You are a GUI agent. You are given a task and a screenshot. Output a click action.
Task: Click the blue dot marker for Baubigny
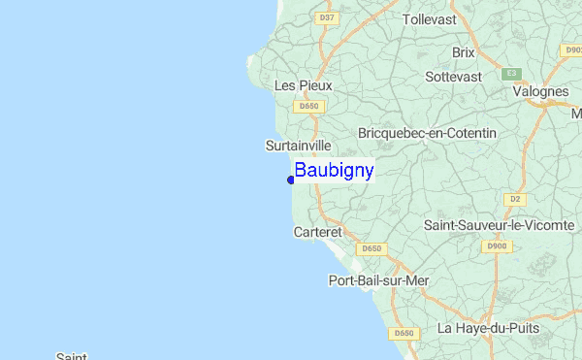[291, 180]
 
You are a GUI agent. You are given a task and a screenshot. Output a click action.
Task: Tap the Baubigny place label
[334, 171]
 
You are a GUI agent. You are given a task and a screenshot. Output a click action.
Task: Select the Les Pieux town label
[304, 85]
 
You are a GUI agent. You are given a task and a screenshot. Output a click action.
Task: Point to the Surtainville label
[298, 146]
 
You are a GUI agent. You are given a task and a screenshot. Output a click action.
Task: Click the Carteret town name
[318, 233]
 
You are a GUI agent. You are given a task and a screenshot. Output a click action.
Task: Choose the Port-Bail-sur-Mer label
[378, 281]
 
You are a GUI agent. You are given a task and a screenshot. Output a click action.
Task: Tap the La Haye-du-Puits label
[488, 328]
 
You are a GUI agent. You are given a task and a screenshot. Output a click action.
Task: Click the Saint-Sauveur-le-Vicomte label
[500, 225]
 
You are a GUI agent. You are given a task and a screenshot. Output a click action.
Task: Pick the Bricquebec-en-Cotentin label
[427, 132]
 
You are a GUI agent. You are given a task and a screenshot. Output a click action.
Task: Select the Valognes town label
[542, 91]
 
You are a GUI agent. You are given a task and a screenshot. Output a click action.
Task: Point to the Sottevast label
[453, 76]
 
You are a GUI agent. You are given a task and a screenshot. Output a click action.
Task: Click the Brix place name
[464, 52]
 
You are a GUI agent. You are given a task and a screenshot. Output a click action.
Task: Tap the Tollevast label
[429, 18]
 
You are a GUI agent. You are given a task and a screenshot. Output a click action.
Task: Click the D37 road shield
[327, 17]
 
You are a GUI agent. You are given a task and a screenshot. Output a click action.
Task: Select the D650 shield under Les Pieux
[309, 107]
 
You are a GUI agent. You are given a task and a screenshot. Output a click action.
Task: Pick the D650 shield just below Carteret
[372, 249]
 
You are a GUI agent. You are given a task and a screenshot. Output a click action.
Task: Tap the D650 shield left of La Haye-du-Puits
[404, 334]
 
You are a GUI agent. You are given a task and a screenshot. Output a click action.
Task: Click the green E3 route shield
[511, 74]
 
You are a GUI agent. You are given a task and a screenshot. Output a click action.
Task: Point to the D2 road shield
[515, 199]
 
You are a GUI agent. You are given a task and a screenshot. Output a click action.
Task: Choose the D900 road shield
[497, 246]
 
